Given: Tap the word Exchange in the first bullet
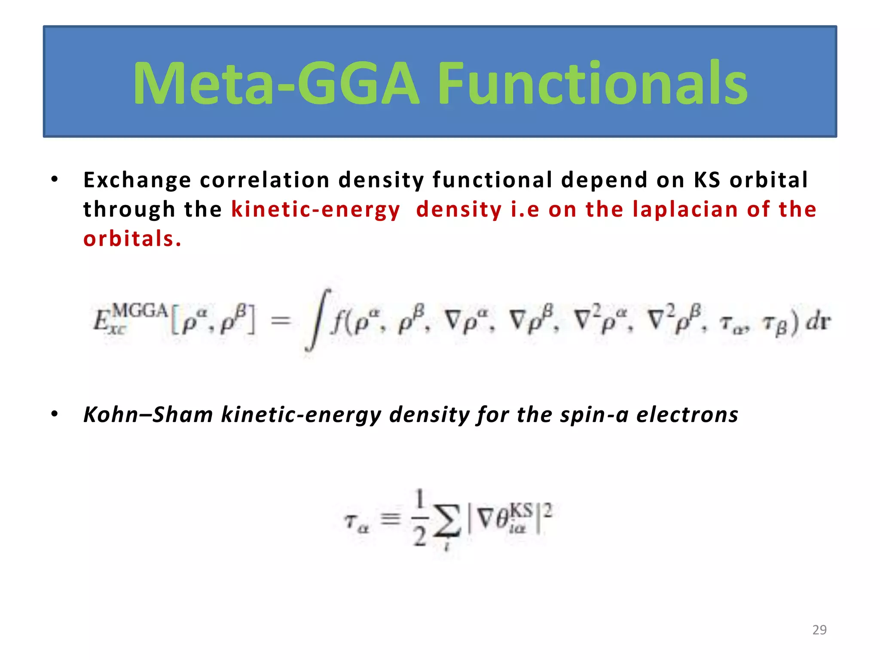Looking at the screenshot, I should (137, 180).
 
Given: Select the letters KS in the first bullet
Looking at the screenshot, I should (707, 180).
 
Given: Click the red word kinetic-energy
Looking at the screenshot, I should (315, 210).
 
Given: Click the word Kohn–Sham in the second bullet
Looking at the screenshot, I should (148, 415).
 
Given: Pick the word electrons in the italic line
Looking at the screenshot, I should (687, 415).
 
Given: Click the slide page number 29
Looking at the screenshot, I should (819, 630).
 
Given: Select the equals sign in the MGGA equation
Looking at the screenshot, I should (281, 320).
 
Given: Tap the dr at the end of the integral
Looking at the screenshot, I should (818, 322).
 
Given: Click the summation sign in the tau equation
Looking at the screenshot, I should (446, 521).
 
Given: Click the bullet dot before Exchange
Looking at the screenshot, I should (54, 180).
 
